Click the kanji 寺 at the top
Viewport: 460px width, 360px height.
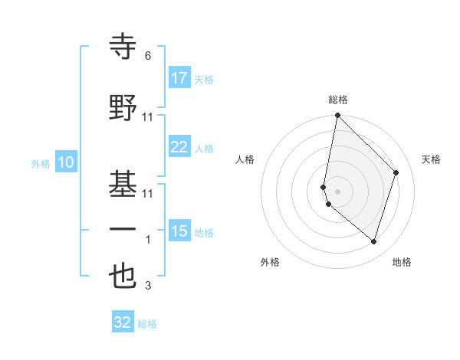(x=123, y=47)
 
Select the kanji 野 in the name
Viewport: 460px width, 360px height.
(x=123, y=108)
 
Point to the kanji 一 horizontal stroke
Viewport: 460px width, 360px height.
(x=123, y=231)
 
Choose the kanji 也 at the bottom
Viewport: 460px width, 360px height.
(x=123, y=277)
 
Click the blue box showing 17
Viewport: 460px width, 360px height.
(x=179, y=78)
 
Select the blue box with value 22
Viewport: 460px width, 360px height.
(x=179, y=147)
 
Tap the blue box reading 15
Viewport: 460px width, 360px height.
(x=179, y=231)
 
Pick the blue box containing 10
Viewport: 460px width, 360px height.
(x=66, y=162)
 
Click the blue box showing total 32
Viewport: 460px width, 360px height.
(x=123, y=322)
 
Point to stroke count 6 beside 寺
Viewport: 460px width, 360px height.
(x=148, y=56)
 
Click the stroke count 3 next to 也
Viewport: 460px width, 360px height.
(x=148, y=286)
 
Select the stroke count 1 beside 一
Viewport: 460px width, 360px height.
(x=148, y=241)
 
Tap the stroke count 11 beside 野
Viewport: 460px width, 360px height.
(x=148, y=117)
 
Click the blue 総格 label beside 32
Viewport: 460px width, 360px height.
(x=148, y=324)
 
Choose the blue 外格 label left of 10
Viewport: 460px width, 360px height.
(x=41, y=163)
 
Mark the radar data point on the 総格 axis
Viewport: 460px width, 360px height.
(x=337, y=116)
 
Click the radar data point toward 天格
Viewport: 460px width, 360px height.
(x=396, y=172)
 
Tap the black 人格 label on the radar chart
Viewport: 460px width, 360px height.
(x=245, y=159)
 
